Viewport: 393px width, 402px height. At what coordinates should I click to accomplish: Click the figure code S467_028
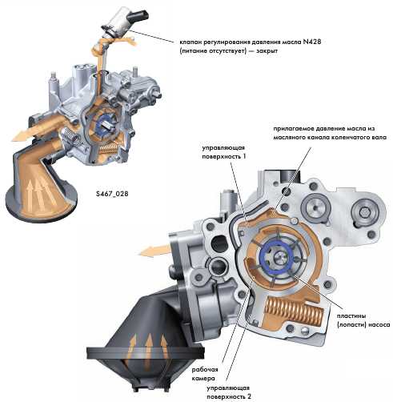click(112, 193)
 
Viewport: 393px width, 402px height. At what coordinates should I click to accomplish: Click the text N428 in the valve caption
click(311, 42)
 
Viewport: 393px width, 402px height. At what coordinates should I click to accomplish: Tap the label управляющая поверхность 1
click(223, 152)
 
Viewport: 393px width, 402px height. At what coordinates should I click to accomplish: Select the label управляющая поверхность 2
click(229, 392)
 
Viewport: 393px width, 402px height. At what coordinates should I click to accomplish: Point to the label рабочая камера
click(205, 373)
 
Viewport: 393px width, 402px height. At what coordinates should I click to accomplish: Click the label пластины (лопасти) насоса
click(363, 320)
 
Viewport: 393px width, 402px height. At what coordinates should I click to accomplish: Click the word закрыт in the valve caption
click(267, 50)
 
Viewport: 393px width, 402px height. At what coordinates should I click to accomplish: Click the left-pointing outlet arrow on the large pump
click(154, 251)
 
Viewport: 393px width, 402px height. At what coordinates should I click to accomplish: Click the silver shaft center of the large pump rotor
click(279, 257)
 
